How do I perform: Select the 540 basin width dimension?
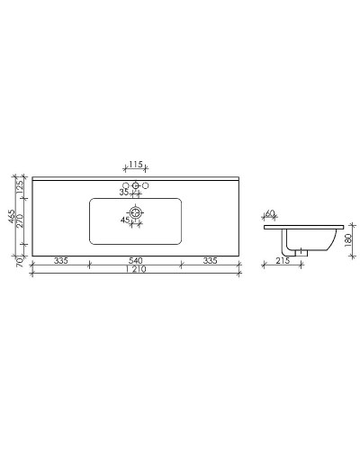[136, 261]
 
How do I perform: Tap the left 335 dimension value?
[61, 261]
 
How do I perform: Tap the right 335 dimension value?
[211, 261]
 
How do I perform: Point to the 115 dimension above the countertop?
[136, 164]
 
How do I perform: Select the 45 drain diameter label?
[125, 219]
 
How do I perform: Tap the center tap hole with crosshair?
[136, 185]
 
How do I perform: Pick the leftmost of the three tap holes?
[126, 185]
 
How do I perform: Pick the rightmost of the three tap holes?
[146, 185]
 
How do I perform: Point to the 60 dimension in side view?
[271, 214]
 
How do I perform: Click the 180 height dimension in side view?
[349, 241]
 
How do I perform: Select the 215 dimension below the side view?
[282, 261]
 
